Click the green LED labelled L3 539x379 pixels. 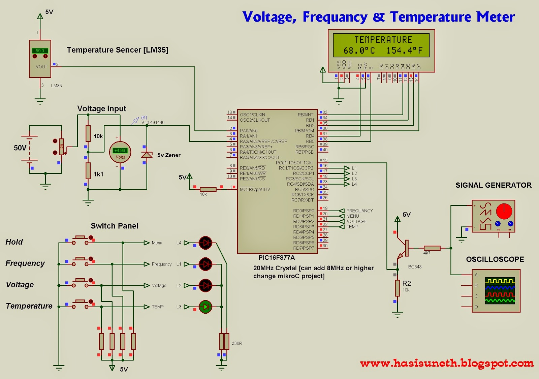205,307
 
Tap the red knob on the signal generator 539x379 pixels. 504,212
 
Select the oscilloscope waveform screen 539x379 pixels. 500,290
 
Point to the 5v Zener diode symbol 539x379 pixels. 147,155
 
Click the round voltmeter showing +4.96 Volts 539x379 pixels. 120,153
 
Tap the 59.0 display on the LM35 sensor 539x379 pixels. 40,51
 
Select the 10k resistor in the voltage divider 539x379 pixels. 88,133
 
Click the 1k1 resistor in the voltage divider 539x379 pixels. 88,170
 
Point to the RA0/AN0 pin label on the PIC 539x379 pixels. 249,131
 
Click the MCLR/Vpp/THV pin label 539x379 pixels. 255,189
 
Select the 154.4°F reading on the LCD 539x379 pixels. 404,51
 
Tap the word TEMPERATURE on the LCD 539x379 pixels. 383,40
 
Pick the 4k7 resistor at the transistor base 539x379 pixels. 432,248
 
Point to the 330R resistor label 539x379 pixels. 237,343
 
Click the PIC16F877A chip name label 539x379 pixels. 277,258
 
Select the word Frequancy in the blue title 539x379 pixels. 335,17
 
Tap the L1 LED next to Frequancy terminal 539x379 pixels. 205,264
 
